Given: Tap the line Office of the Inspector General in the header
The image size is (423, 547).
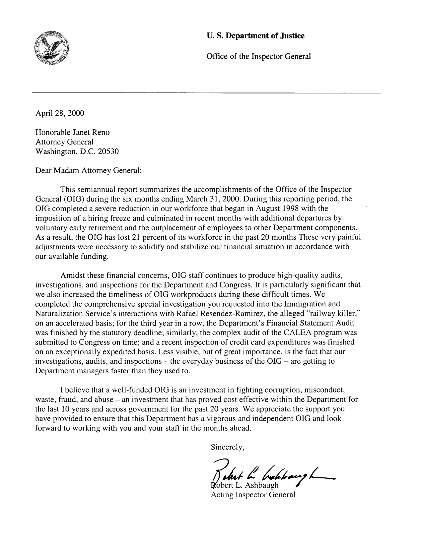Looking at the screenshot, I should click(x=258, y=56).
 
